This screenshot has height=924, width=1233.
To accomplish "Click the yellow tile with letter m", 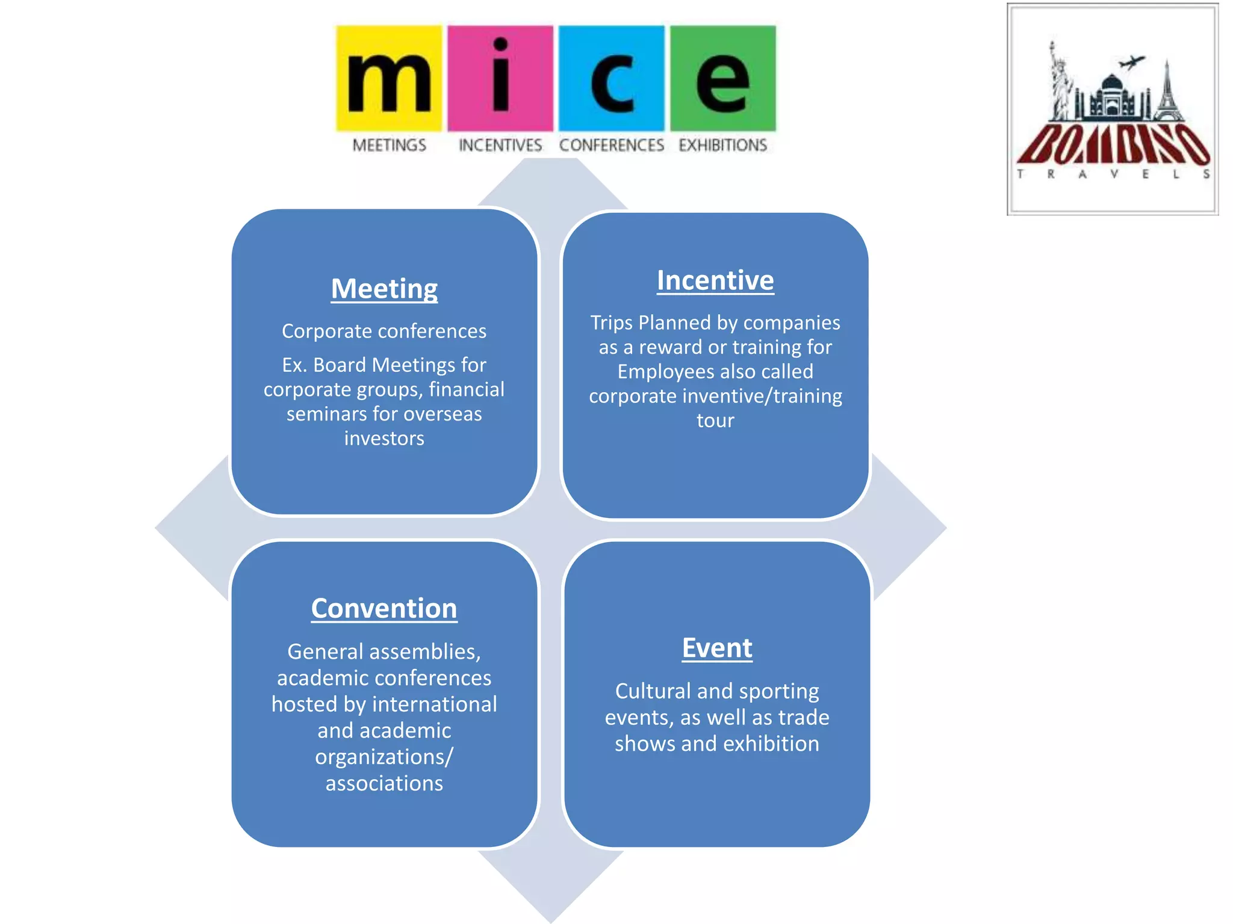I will [x=389, y=78].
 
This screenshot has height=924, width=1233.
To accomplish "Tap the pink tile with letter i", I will [x=500, y=78].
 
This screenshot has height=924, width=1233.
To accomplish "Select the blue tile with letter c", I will [x=611, y=78].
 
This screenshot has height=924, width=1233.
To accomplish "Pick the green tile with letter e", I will [x=722, y=78].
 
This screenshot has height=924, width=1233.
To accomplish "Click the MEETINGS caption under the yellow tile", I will [x=389, y=145].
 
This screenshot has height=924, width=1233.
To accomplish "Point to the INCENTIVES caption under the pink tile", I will [x=500, y=145].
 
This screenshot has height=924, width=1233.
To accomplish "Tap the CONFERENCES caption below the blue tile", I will [x=611, y=145].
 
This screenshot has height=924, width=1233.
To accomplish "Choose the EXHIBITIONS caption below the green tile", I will [x=722, y=145].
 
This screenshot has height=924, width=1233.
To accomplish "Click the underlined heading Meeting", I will [x=384, y=289].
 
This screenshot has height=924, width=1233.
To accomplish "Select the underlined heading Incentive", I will [x=715, y=280].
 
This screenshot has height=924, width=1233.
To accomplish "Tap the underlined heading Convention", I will [x=384, y=608].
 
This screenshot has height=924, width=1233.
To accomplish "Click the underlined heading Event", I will [x=717, y=648].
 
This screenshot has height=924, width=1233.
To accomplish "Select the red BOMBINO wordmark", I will [x=1113, y=144].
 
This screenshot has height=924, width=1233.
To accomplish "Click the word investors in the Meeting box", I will [x=384, y=439].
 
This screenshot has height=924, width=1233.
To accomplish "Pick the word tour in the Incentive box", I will [x=715, y=420].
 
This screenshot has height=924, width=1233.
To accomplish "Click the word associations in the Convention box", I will [x=384, y=783].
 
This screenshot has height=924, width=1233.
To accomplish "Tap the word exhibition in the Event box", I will [x=771, y=744].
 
